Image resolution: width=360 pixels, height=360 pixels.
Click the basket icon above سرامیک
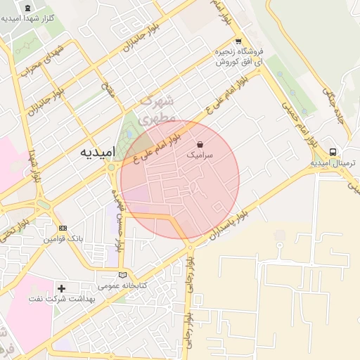pos(201,142)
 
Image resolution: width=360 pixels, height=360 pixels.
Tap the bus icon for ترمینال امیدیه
pos(333,152)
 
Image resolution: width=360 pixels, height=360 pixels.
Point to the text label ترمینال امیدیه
pos(334,163)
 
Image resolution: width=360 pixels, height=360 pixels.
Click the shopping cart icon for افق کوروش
pos(238,41)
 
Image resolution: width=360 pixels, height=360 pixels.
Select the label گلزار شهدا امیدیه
pos(28,19)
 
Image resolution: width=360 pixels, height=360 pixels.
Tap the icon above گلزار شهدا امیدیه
pos(28,8)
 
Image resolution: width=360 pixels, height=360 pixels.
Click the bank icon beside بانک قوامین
pos(63,229)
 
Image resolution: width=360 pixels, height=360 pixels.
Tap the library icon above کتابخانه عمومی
pos(124,275)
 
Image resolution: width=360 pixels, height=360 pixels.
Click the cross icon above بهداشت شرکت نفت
pos(61,288)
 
